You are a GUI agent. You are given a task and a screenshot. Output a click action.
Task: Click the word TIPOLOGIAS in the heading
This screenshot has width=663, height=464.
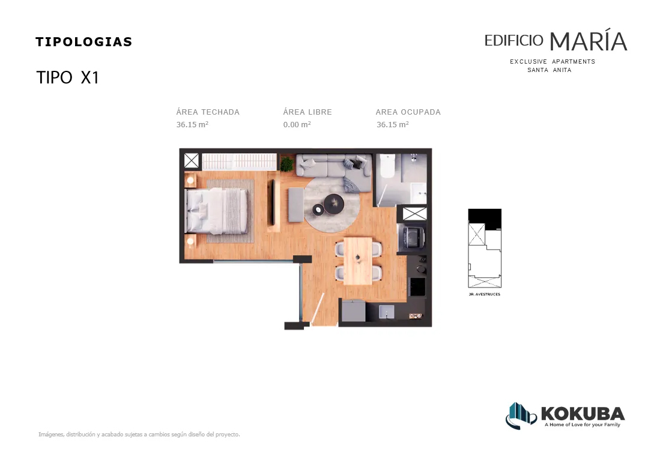83,42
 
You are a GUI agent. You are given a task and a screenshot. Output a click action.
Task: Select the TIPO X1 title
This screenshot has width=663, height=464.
68,77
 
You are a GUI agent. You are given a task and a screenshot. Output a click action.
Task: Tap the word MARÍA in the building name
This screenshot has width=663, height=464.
588,41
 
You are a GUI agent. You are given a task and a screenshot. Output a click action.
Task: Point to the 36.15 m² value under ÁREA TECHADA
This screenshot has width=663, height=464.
192,124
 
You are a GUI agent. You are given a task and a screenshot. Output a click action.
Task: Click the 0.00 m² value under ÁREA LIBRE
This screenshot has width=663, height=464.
297,124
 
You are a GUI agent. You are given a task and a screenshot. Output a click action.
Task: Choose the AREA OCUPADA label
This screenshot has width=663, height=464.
408,112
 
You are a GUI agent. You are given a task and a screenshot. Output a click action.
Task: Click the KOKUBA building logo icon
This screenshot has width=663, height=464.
521,416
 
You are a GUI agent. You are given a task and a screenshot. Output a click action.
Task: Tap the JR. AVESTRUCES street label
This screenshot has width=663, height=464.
485,294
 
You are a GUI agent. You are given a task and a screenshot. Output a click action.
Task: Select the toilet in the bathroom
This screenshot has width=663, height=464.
387,166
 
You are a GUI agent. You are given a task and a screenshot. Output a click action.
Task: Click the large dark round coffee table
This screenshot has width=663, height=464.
334,203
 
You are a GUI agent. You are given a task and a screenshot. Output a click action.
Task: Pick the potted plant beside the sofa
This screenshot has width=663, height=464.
286,163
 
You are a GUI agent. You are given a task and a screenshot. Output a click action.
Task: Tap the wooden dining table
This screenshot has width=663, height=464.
358,261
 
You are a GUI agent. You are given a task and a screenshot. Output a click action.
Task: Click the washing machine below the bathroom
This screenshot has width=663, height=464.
411,238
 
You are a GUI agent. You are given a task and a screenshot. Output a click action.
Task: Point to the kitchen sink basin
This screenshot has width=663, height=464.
387,312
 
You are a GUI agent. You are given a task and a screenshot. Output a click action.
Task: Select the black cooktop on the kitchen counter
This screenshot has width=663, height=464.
418,287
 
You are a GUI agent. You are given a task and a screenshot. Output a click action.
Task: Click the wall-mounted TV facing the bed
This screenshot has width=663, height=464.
273,202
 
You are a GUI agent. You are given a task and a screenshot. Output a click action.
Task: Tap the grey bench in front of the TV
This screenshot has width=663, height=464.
296,205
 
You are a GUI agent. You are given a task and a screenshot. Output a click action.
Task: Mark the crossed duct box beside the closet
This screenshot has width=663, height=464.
192,161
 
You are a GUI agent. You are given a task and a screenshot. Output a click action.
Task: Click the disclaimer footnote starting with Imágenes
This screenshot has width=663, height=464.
139,434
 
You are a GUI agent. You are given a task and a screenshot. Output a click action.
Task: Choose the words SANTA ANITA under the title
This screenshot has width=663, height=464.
549,70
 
